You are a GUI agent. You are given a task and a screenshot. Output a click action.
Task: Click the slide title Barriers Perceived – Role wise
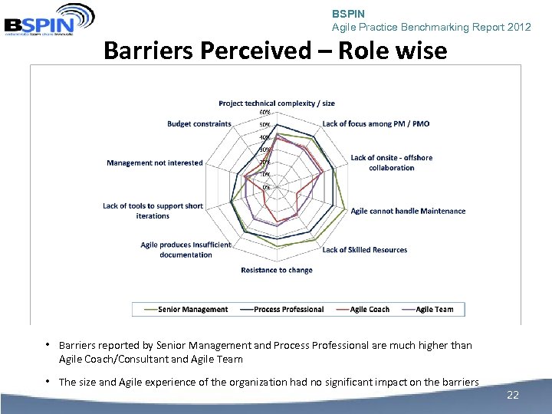click(x=274, y=51)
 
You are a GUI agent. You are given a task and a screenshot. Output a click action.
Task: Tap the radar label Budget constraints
click(x=199, y=124)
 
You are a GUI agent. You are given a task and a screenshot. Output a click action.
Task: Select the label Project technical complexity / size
click(x=277, y=103)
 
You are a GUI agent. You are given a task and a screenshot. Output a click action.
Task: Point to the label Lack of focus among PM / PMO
click(x=376, y=124)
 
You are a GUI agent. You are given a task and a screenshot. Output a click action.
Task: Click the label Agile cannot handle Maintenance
click(x=408, y=211)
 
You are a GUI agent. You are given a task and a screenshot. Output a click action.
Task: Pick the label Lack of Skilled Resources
click(x=364, y=250)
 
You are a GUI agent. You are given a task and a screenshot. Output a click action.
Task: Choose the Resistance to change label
click(x=277, y=270)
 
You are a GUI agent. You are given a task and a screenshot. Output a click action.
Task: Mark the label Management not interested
click(x=155, y=163)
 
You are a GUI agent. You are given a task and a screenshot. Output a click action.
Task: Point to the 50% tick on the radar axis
click(x=264, y=125)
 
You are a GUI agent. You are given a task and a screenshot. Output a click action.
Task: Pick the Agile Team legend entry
click(x=433, y=310)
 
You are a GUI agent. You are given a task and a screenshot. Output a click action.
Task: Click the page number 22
click(x=513, y=395)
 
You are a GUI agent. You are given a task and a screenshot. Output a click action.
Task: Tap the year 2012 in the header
click(x=517, y=27)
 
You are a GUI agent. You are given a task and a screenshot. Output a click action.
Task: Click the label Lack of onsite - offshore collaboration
click(x=391, y=163)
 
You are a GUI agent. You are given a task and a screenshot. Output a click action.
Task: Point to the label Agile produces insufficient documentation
click(x=186, y=250)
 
